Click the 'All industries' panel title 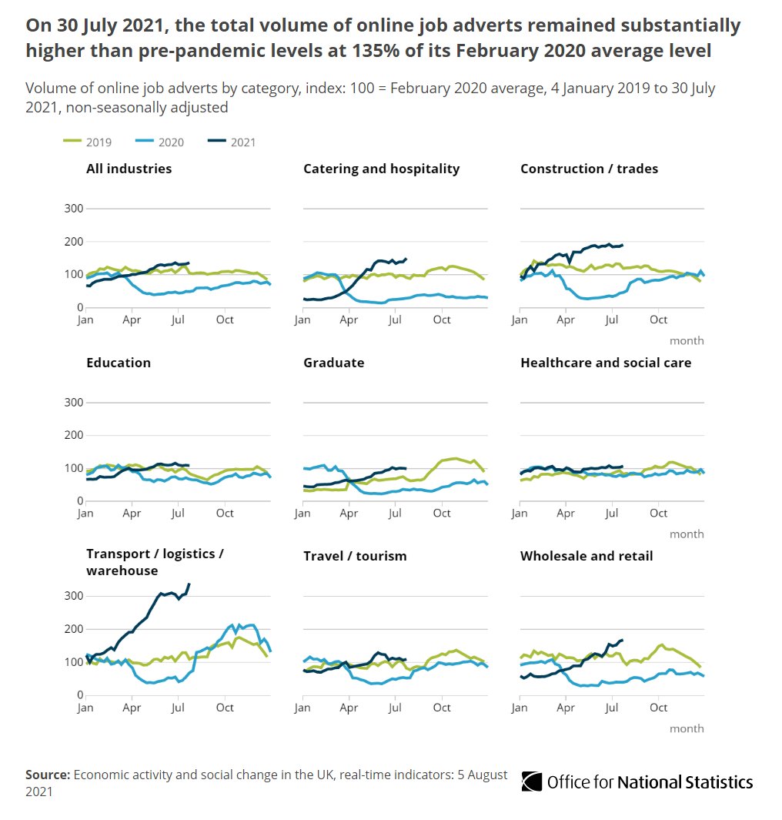129,169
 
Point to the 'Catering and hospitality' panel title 381,169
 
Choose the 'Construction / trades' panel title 589,169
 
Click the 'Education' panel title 118,363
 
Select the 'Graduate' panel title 333,363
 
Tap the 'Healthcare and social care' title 606,363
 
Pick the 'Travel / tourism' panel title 355,556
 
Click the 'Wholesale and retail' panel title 586,556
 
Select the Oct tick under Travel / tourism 442,707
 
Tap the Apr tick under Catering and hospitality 349,320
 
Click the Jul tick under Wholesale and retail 613,707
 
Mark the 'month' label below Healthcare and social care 687,534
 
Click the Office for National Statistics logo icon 531,782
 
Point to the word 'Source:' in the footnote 48,775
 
